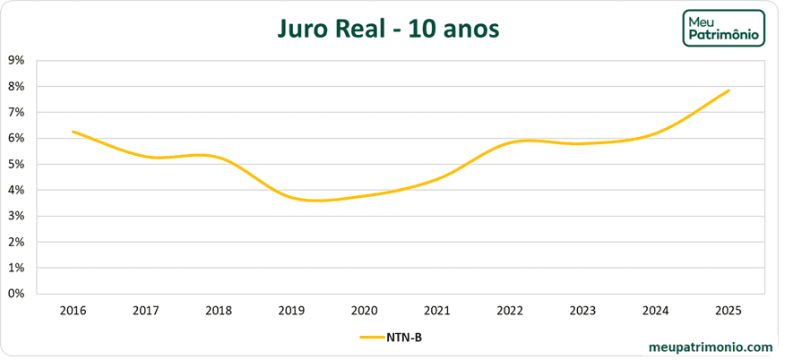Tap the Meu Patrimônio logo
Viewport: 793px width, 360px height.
point(723,29)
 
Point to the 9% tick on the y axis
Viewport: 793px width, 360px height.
point(15,61)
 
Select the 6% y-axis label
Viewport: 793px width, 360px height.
point(15,139)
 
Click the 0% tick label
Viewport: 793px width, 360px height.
point(15,294)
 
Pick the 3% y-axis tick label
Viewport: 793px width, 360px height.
point(15,216)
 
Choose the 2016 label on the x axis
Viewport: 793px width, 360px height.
point(73,311)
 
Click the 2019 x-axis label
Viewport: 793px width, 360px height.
point(291,311)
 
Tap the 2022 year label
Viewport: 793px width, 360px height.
point(510,311)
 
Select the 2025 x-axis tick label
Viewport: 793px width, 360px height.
point(728,311)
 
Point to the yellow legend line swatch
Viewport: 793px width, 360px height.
point(371,338)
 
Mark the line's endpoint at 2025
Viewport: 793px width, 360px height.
point(728,90)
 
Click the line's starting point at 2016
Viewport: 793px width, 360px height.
point(73,132)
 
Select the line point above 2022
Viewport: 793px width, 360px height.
point(510,142)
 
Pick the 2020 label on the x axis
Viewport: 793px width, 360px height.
point(364,311)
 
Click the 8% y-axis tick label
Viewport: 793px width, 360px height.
point(15,87)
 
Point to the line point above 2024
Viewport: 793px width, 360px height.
point(656,133)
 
